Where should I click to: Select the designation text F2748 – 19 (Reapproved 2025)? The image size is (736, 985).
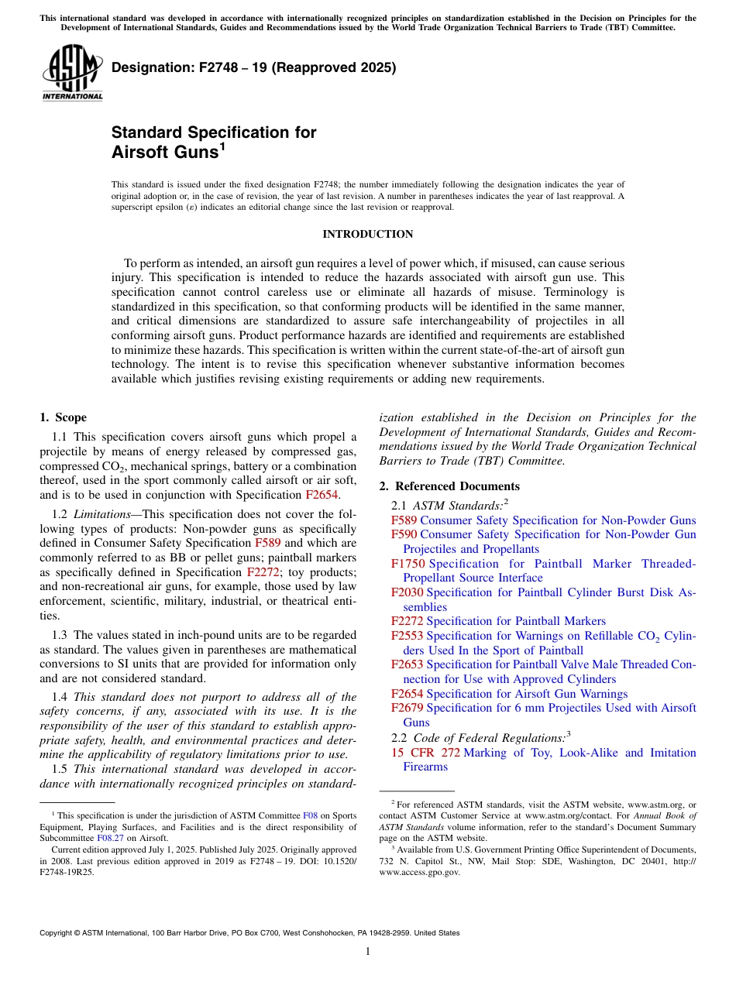pyautogui.click(x=253, y=67)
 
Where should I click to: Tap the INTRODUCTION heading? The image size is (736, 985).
pyautogui.click(x=367, y=234)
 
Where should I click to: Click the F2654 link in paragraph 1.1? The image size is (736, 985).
pyautogui.click(x=322, y=494)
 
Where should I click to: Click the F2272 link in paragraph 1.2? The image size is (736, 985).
pyautogui.click(x=263, y=572)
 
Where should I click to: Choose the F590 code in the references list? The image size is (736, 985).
pyautogui.click(x=404, y=534)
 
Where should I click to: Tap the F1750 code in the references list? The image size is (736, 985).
pyautogui.click(x=408, y=564)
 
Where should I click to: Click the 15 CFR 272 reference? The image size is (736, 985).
pyautogui.click(x=425, y=753)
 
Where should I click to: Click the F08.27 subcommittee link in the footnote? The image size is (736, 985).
pyautogui.click(x=109, y=837)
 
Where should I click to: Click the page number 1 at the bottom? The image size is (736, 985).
pyautogui.click(x=368, y=951)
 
